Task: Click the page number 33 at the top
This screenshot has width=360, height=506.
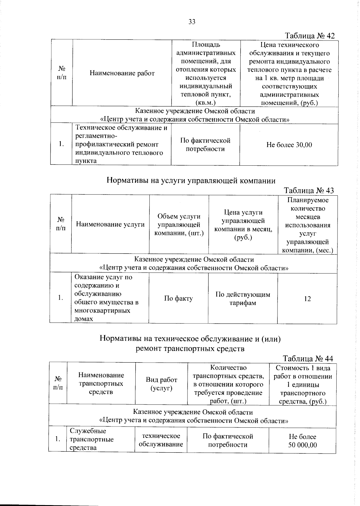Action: pyautogui.click(x=192, y=22)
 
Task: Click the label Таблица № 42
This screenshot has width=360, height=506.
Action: pyautogui.click(x=310, y=36)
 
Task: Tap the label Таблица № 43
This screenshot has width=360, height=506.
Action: pyautogui.click(x=309, y=191)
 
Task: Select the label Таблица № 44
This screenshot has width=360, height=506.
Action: pyautogui.click(x=308, y=359)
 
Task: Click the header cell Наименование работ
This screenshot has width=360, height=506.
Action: pyautogui.click(x=122, y=73)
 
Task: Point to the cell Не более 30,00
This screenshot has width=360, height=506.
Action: pyautogui.click(x=289, y=145)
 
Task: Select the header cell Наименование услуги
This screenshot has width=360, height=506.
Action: pyautogui.click(x=110, y=224)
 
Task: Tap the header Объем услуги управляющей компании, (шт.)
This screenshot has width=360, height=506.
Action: pyautogui.click(x=179, y=224)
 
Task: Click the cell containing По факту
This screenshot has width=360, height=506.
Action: pyautogui.click(x=178, y=298)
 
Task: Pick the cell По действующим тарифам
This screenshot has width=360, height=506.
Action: pyautogui.click(x=243, y=299)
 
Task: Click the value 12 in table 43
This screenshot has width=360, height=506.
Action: pyautogui.click(x=307, y=299)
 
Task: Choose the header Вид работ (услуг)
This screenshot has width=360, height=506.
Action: pyautogui.click(x=161, y=384)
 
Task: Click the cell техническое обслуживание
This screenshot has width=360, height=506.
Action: pyautogui.click(x=161, y=440)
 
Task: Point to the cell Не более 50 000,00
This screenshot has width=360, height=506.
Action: pyautogui.click(x=302, y=441)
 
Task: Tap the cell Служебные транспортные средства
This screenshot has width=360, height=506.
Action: pyautogui.click(x=92, y=439)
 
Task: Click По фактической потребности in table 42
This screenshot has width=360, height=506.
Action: pyautogui.click(x=205, y=145)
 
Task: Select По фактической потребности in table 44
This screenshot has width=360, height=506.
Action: pyautogui.click(x=228, y=440)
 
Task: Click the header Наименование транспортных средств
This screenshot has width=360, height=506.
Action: pyautogui.click(x=101, y=383)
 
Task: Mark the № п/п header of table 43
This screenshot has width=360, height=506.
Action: pyautogui.click(x=61, y=224)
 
